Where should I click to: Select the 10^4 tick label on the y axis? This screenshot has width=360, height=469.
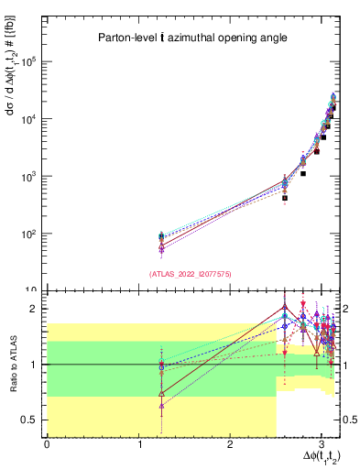(x=34, y=119)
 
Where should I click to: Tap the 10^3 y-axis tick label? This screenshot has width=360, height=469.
(x=34, y=177)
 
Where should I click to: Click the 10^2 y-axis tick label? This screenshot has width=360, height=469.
(x=34, y=234)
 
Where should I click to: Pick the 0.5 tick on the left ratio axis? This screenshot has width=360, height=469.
(x=32, y=420)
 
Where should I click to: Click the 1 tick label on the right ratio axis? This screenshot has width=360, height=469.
(x=346, y=365)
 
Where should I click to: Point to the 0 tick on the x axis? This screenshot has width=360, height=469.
(x=47, y=445)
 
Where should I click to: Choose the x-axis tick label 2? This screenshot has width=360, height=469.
(x=230, y=445)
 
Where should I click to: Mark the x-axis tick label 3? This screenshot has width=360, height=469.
(x=321, y=445)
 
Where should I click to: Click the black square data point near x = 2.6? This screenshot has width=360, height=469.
(x=285, y=198)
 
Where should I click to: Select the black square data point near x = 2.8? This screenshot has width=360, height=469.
(x=303, y=173)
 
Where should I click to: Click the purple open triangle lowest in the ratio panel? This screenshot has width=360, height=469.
(x=161, y=405)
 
